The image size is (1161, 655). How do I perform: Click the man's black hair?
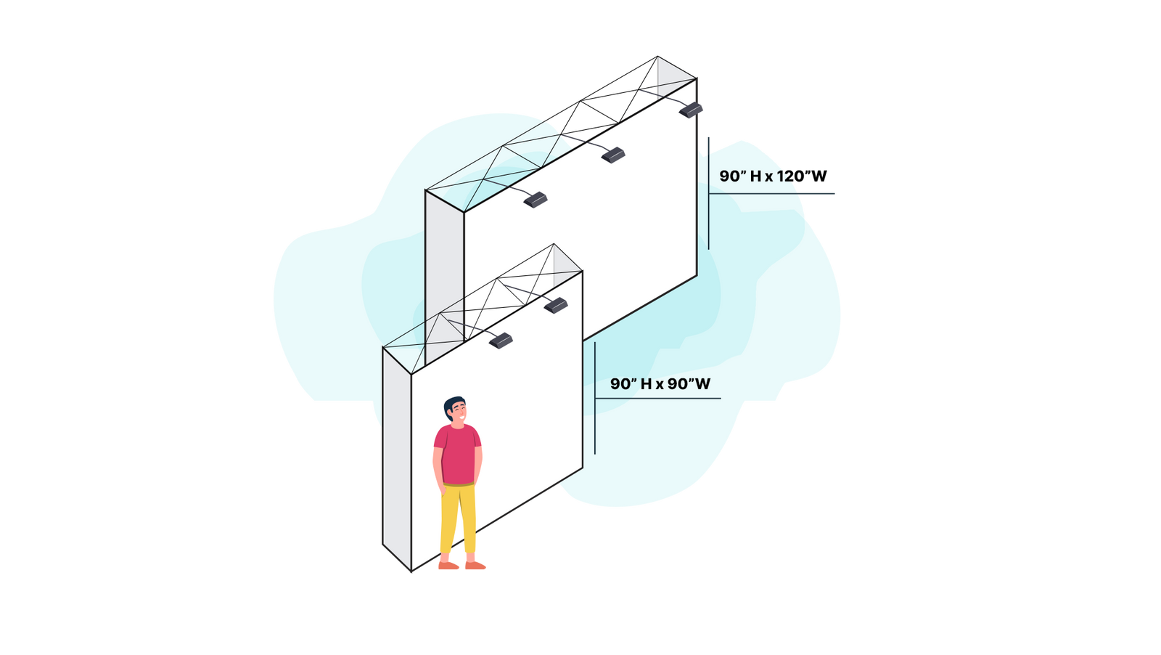pos(454,404)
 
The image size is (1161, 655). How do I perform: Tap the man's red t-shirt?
pos(457,454)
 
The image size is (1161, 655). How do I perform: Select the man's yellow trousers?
pos(459,516)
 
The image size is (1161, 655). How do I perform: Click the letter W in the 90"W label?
pos(701,383)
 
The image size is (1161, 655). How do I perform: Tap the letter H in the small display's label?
pos(646,383)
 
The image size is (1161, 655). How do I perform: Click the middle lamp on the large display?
pos(613,154)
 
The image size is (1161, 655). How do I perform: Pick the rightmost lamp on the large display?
pos(692,110)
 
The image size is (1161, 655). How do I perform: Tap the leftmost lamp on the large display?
pos(536,200)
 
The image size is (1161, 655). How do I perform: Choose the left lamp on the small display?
pos(501,340)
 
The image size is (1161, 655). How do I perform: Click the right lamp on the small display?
pos(556,304)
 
